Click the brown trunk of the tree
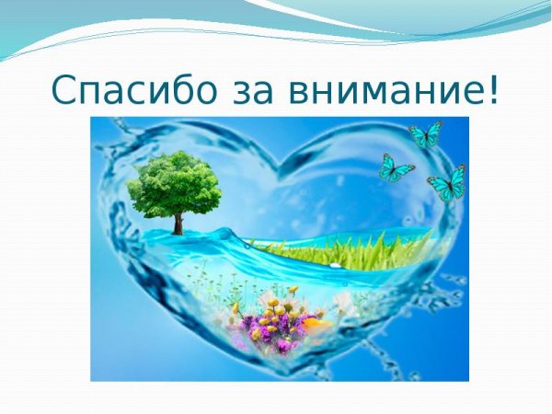coord(178,222)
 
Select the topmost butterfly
coord(426,134)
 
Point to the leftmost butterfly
coord(397,167)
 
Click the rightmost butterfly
coord(448,183)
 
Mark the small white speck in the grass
coord(335,264)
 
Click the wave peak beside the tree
coord(221,227)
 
